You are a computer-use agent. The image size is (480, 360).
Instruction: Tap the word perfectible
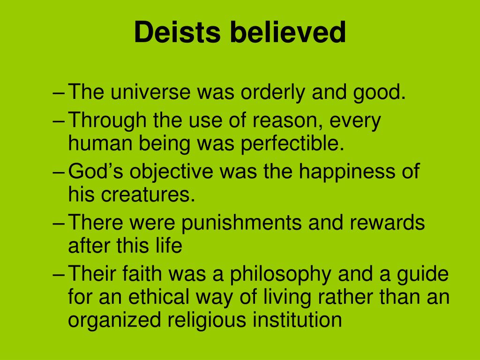293,144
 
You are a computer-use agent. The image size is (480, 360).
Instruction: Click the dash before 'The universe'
59,94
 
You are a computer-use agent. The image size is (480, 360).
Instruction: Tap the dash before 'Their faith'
59,275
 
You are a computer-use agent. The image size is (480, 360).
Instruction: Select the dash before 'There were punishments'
59,223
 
